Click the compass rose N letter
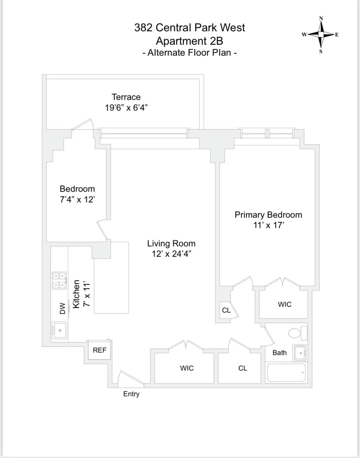[321, 18]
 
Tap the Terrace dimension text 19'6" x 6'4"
[126, 108]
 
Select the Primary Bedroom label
[268, 215]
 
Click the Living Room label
[171, 243]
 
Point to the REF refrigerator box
[100, 350]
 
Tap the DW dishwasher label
[63, 308]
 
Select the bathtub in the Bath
[286, 373]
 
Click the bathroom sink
[300, 353]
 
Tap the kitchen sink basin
[60, 330]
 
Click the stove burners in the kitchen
[60, 280]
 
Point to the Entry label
[131, 394]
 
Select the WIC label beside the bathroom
[285, 304]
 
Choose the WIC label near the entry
[187, 368]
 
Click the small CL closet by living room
[226, 310]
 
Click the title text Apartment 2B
[189, 41]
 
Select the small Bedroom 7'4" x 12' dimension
[77, 200]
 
